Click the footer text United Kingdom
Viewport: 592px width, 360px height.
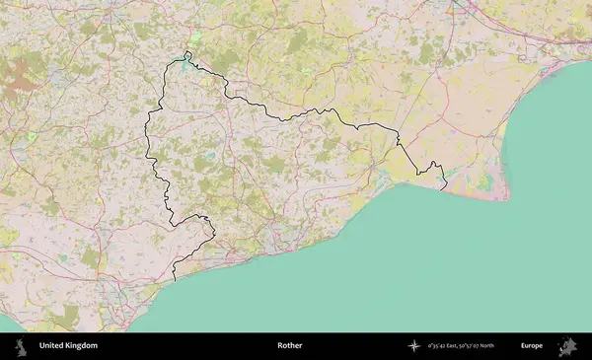click(68, 346)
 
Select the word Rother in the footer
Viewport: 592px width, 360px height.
click(289, 346)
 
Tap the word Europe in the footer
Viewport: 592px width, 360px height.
click(532, 346)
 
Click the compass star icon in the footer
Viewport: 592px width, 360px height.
click(415, 346)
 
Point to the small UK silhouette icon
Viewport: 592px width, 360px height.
click(21, 346)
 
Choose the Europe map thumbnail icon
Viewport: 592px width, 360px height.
click(567, 346)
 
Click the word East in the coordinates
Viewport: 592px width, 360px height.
click(457, 346)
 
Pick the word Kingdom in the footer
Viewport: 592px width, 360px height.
click(82, 346)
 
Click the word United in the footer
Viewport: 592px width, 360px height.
click(52, 346)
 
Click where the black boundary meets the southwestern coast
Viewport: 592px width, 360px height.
click(175, 281)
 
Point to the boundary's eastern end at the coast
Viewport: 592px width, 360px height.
click(445, 187)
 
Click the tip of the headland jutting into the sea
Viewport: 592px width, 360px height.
click(508, 198)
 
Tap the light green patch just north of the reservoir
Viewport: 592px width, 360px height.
click(195, 40)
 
